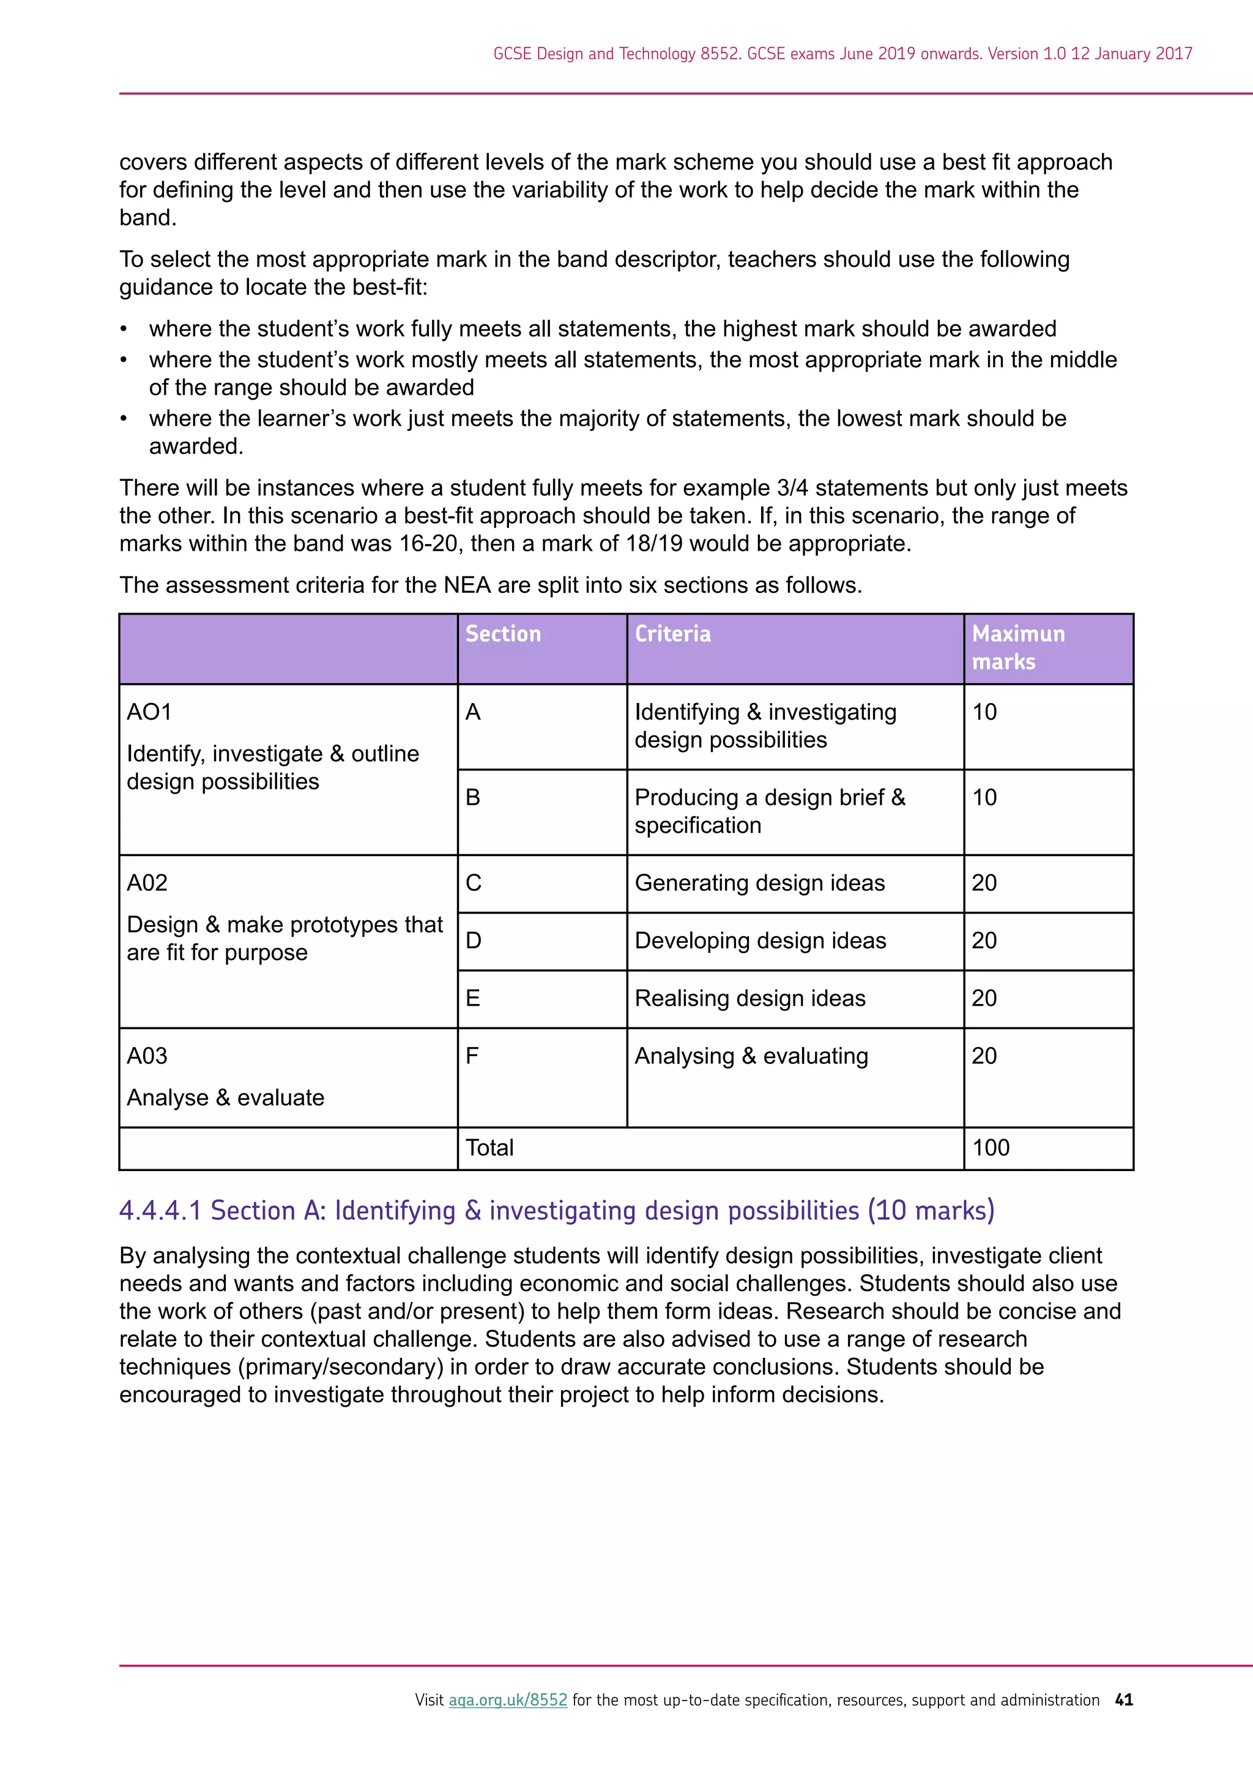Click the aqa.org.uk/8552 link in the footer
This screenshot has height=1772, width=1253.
508,1699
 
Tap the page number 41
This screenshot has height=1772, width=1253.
1124,1699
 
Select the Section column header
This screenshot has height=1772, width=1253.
503,635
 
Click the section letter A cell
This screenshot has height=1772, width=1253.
473,712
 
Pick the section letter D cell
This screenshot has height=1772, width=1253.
473,941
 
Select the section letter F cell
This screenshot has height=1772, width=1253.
472,1055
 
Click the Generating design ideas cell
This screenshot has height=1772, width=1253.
759,883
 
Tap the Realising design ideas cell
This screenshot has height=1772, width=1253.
750,999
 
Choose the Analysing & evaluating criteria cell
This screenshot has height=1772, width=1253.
751,1055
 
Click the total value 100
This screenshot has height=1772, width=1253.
991,1148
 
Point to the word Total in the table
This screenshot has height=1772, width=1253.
489,1148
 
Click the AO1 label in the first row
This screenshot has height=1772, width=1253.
149,712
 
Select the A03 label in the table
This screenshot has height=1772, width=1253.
147,1055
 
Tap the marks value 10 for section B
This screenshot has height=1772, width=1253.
984,797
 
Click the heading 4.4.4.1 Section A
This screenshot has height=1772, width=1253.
556,1210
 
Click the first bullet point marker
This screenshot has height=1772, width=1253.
124,330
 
